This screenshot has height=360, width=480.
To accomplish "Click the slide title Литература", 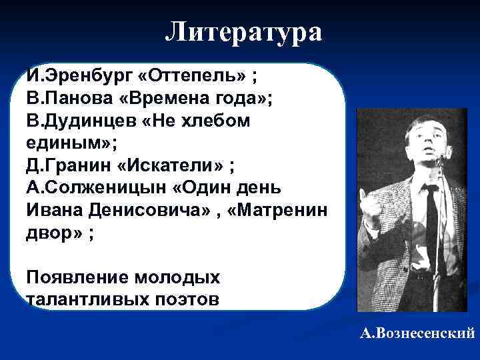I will (x=243, y=31).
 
